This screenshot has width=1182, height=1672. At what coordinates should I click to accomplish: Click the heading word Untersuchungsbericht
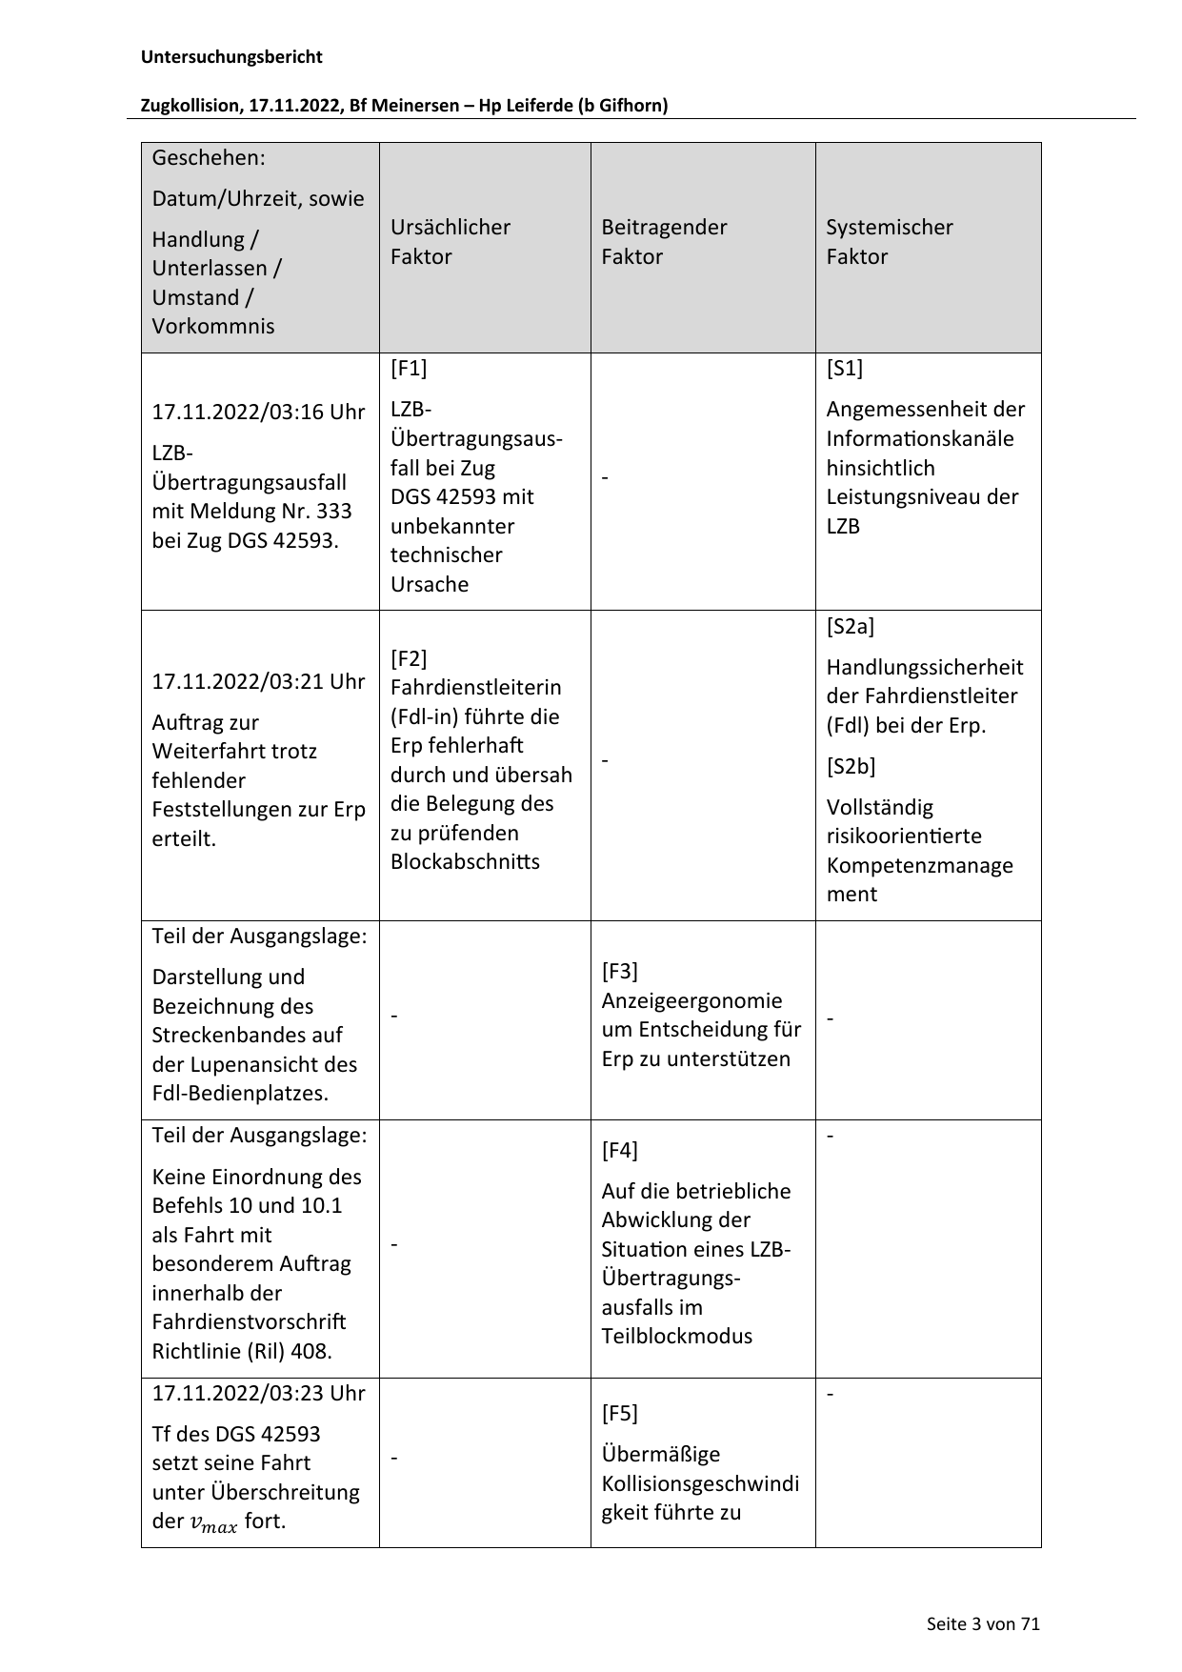231,57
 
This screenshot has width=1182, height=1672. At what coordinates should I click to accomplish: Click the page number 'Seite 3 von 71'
983,1623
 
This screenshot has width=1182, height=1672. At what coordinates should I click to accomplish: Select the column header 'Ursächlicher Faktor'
450,241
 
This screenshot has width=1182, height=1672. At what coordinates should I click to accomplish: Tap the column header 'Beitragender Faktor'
664,241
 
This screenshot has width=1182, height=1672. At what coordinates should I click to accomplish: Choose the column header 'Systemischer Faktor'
889,241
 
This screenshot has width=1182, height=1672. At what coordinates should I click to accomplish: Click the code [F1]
409,368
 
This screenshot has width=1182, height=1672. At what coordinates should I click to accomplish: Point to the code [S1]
845,368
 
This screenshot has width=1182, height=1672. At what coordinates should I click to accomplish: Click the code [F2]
409,658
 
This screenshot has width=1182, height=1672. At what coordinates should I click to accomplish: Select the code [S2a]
850,626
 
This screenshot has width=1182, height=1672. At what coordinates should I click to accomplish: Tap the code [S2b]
851,766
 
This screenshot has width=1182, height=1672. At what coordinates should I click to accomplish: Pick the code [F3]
620,971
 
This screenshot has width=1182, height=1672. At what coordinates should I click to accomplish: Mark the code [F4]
620,1150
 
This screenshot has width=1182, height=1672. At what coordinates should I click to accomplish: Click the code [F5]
620,1413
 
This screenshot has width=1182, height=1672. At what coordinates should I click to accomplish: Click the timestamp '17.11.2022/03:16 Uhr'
258,412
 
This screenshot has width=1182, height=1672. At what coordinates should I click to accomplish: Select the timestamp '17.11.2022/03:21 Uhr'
258,681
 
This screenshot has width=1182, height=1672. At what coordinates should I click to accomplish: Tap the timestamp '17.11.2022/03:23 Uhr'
258,1393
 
